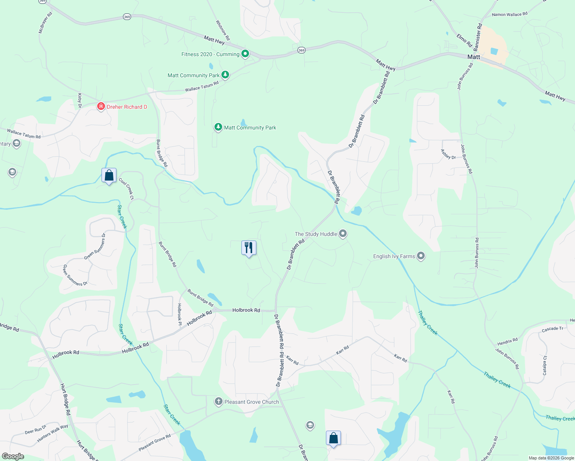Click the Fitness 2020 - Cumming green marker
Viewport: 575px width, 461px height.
(245, 54)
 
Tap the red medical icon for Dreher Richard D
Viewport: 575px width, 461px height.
(101, 106)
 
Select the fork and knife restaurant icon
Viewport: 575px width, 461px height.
(249, 248)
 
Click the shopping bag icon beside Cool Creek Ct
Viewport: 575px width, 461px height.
(109, 176)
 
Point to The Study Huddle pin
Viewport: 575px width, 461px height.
(343, 234)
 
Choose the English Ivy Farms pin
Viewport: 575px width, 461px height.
(421, 256)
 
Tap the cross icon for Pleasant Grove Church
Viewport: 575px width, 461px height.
(218, 401)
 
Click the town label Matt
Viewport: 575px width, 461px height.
(474, 57)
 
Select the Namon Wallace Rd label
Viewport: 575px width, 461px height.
(509, 15)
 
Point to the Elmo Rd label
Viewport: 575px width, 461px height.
(464, 40)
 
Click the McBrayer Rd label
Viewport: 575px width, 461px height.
(45, 22)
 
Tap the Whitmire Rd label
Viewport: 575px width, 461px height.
(223, 30)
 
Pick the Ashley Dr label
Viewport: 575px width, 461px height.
(448, 154)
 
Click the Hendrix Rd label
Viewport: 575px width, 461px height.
(507, 341)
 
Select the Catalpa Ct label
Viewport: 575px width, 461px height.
(545, 365)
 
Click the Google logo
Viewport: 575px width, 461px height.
(13, 456)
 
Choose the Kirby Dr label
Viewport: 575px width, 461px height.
(80, 100)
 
